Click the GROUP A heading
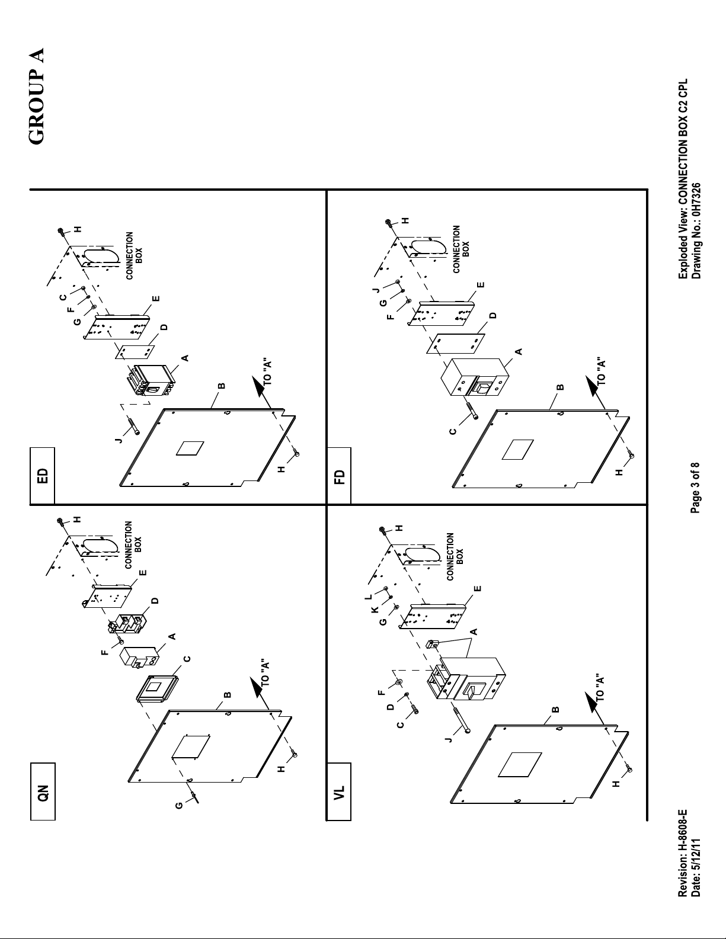pyautogui.click(x=36, y=97)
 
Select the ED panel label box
pyautogui.click(x=42, y=476)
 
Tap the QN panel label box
pyautogui.click(x=43, y=791)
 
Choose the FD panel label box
pyautogui.click(x=339, y=476)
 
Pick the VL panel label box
pyautogui.click(x=339, y=791)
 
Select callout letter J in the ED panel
pyautogui.click(x=119, y=440)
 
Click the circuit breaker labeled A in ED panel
pyautogui.click(x=151, y=380)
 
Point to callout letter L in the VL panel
pyautogui.click(x=368, y=597)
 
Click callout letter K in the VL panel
pyautogui.click(x=375, y=610)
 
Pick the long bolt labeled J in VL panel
pyautogui.click(x=460, y=719)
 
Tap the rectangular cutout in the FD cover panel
pyautogui.click(x=518, y=450)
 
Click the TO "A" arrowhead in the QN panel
pyautogui.click(x=258, y=687)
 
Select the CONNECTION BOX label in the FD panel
pyautogui.click(x=460, y=249)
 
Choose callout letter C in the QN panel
pyautogui.click(x=187, y=659)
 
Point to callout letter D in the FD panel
pyautogui.click(x=494, y=315)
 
